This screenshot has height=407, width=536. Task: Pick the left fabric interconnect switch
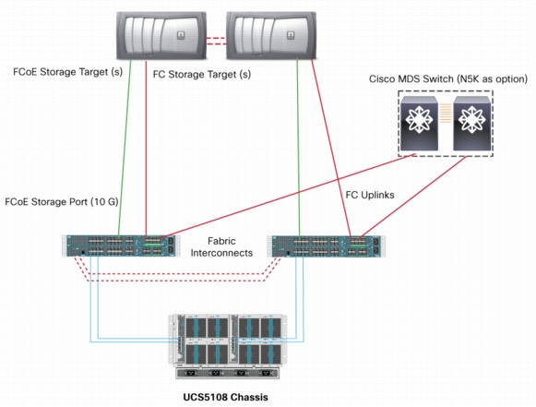120,245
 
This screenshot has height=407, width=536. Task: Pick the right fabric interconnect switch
326,245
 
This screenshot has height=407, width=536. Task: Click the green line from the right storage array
299,148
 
